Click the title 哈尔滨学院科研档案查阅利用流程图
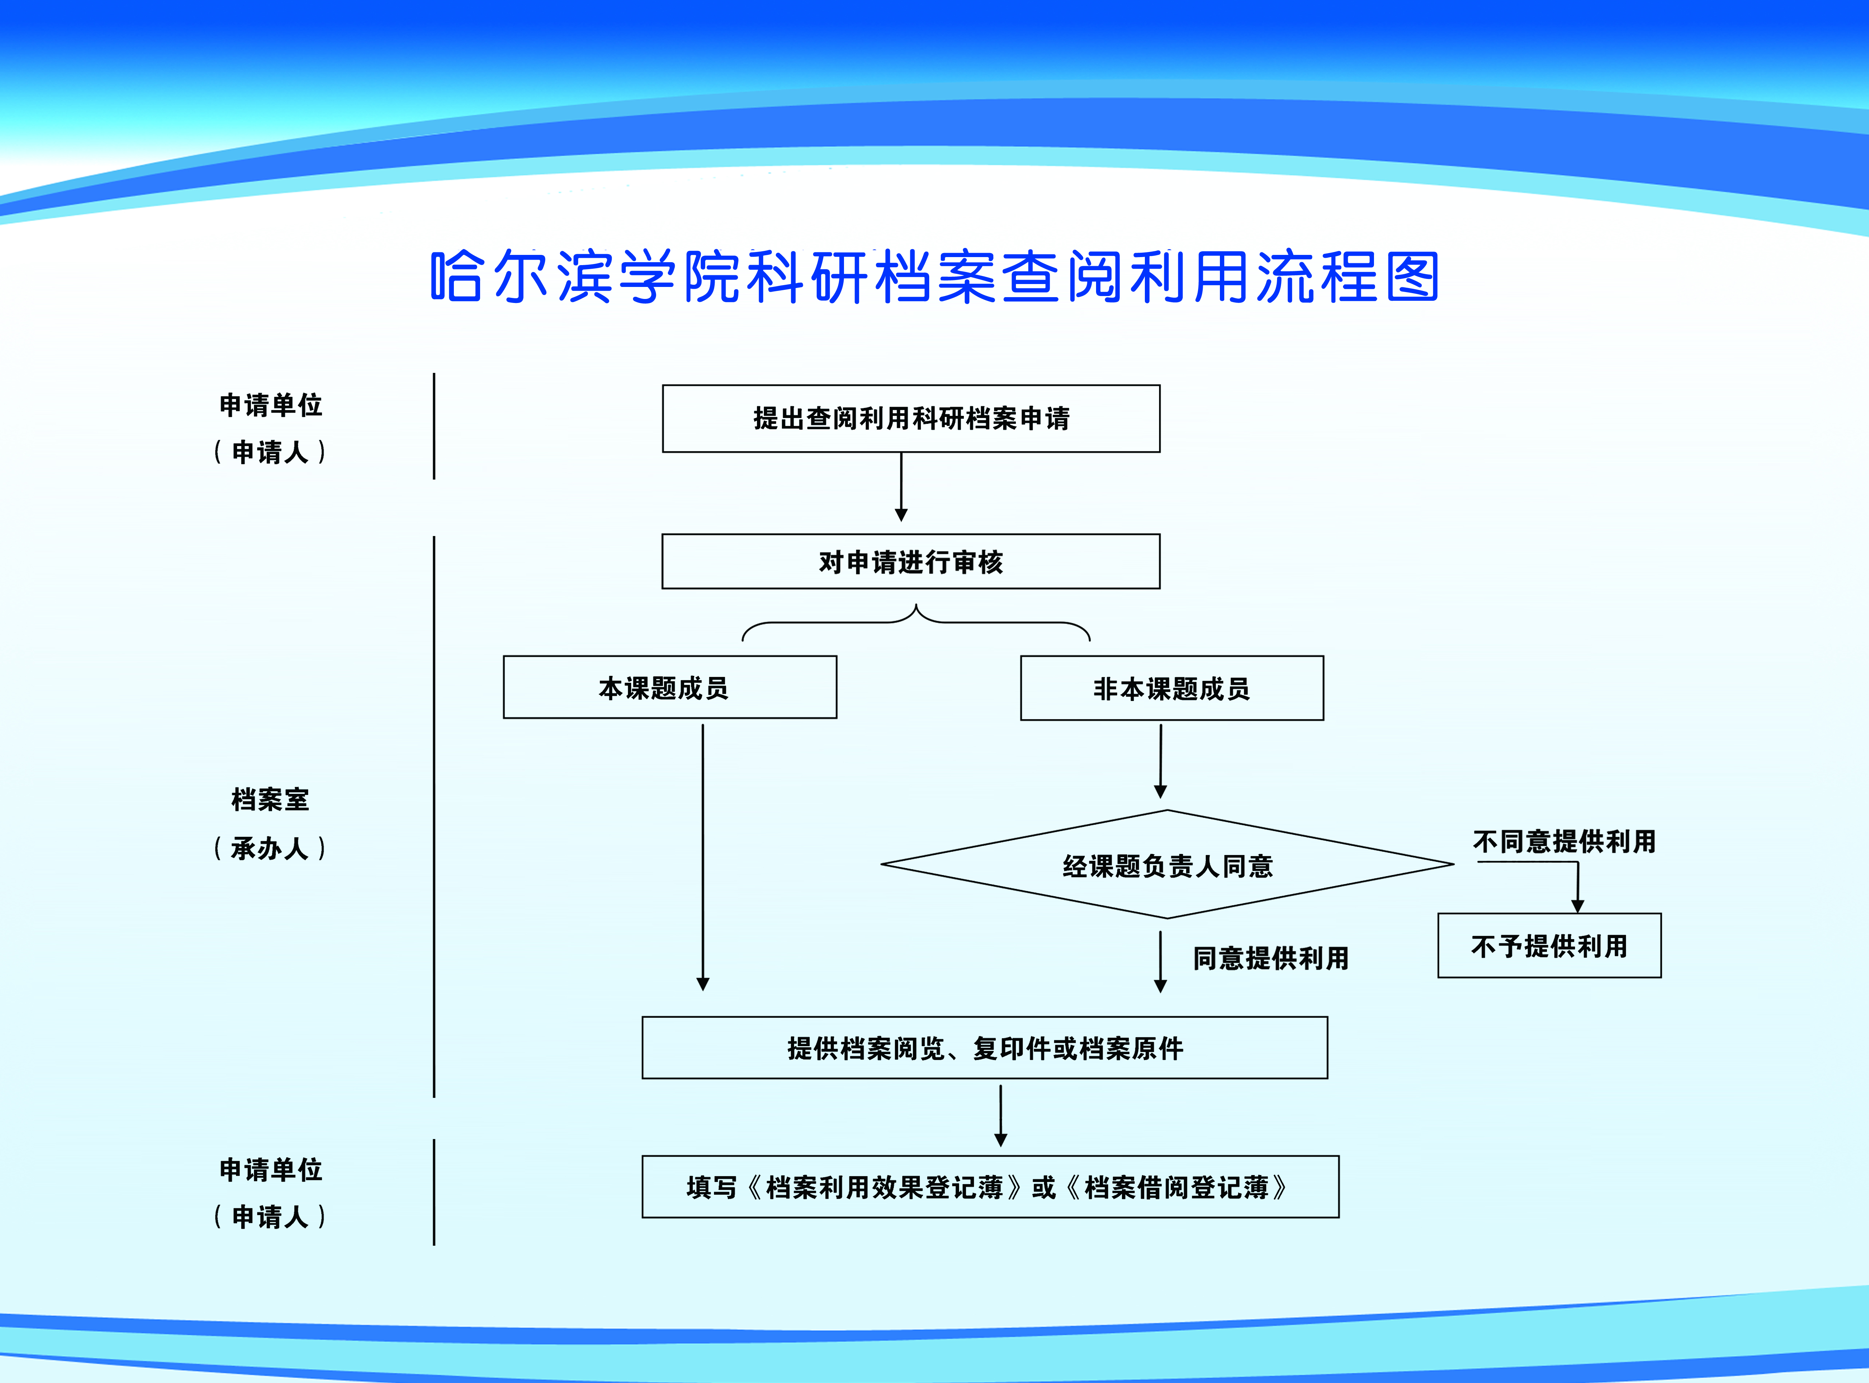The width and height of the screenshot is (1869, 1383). (935, 276)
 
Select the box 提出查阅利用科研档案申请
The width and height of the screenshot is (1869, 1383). (911, 419)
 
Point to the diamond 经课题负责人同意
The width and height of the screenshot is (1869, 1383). (1167, 864)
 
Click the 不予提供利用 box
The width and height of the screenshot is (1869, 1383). (1549, 945)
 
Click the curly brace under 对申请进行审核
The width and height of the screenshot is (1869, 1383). (916, 622)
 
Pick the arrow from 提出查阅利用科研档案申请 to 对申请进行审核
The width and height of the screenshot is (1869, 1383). (901, 487)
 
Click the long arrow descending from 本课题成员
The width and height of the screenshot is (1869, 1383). (703, 857)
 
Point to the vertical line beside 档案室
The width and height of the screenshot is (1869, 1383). (434, 816)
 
